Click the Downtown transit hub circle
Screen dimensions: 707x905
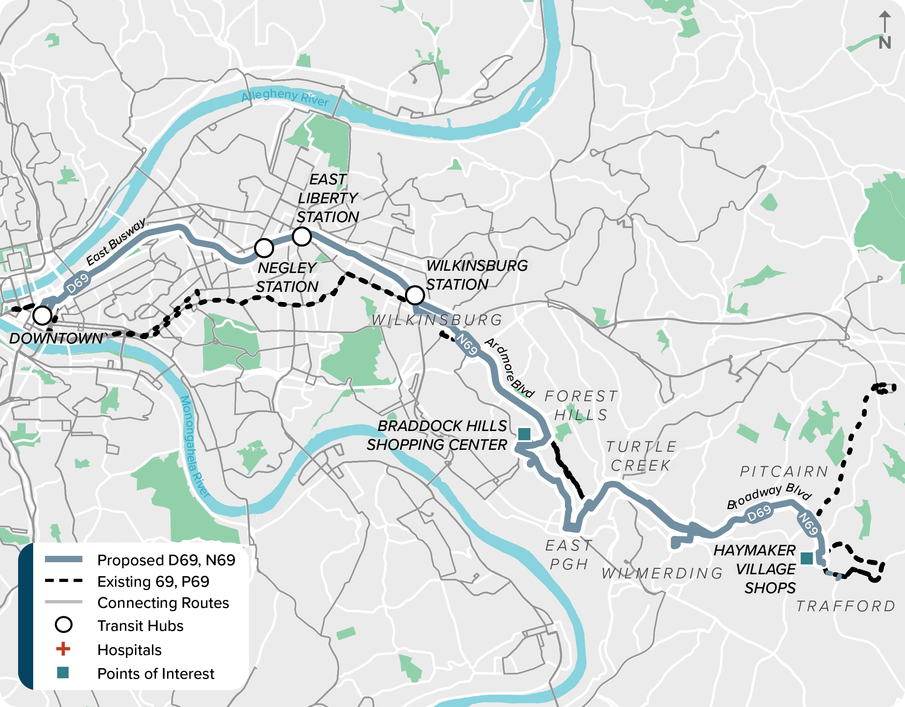click(42, 315)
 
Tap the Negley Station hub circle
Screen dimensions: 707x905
click(264, 248)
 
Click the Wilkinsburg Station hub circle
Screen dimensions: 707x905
click(415, 296)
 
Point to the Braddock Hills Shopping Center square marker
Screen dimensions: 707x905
click(524, 434)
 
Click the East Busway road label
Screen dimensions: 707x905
click(116, 242)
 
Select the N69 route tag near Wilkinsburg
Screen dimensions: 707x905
click(467, 344)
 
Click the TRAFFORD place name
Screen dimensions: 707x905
click(845, 606)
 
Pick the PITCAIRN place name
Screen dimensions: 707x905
click(784, 471)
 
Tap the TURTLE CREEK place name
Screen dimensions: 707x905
click(641, 456)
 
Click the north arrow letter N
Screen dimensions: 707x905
click(885, 43)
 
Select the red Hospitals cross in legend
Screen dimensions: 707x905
click(63, 649)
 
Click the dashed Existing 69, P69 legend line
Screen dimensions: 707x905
click(63, 581)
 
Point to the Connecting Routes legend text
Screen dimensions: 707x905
click(163, 603)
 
